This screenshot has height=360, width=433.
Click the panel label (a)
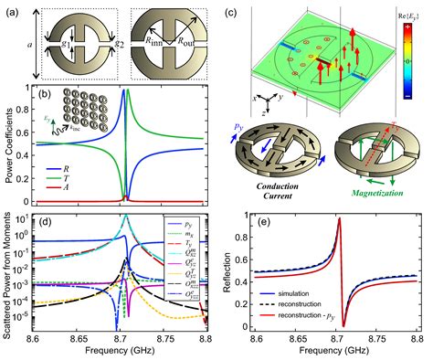13,10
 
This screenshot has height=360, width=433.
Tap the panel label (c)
234,10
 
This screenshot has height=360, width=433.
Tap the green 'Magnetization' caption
372,195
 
